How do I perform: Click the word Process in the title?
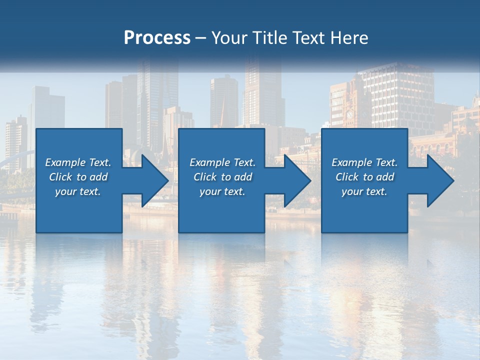157,38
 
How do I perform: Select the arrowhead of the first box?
154,180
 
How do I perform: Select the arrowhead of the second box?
297,180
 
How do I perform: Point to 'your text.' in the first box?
78,191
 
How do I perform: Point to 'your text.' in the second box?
222,191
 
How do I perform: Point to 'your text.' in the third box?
364,191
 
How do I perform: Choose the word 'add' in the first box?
98,177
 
